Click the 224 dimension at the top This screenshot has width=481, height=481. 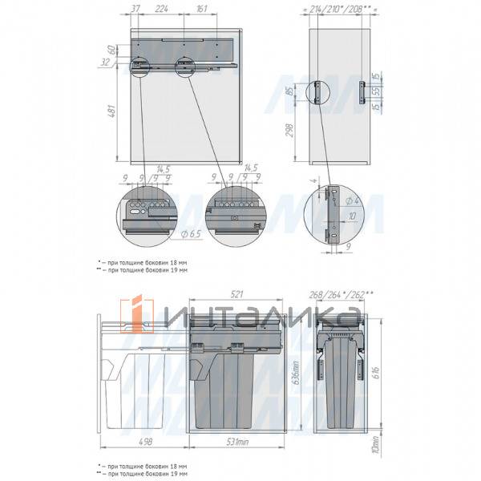tap(162, 9)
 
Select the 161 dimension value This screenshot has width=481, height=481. tap(200, 9)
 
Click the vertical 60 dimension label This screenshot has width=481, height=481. tap(112, 49)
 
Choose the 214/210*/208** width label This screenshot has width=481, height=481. tap(336, 9)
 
